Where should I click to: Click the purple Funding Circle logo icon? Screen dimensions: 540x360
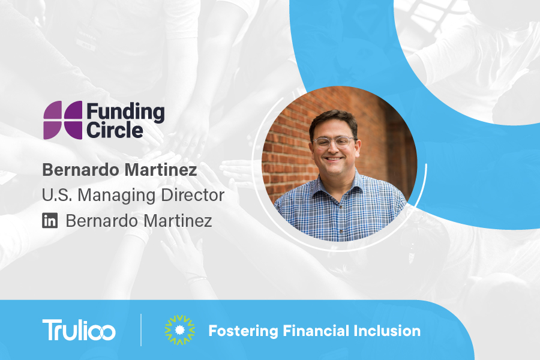62,120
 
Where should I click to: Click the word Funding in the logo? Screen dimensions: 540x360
125,113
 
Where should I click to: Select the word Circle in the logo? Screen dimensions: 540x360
115,130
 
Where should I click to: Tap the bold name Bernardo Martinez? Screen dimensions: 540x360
119,170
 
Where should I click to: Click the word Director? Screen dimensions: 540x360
193,195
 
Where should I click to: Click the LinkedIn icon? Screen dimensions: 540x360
50,220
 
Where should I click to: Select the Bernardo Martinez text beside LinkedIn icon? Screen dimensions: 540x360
139,221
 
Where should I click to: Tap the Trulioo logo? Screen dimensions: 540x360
79,329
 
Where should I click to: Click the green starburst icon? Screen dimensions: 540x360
180,329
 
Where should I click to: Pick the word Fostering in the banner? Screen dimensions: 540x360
243,331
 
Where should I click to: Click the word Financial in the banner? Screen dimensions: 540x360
316,331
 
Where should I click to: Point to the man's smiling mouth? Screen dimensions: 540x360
334,159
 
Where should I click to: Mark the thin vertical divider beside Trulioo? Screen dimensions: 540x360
141,329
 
